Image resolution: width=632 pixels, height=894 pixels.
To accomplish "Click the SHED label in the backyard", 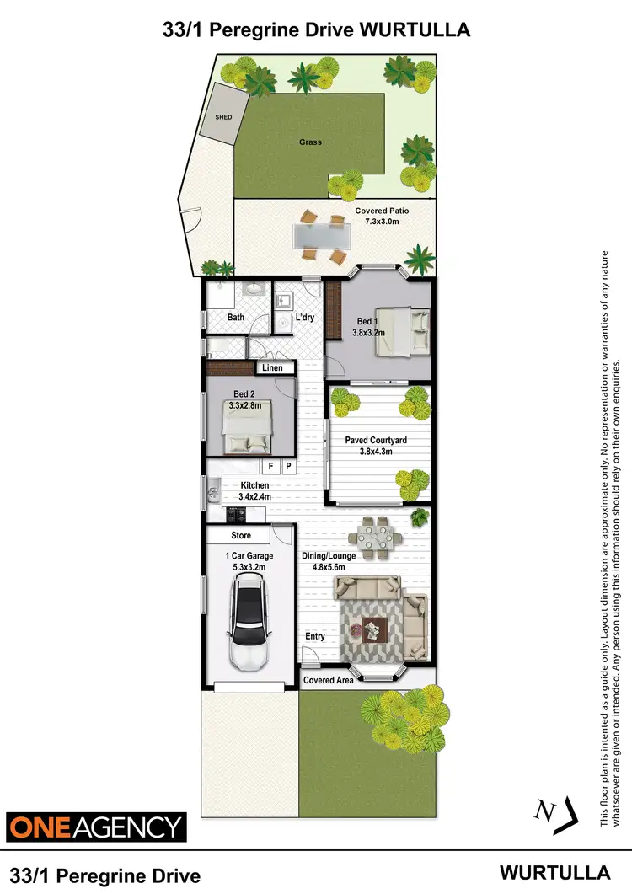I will pos(224,117).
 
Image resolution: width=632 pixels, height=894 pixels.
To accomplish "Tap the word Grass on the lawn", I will pos(310,142).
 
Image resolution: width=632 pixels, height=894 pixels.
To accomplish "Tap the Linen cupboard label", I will pos(272,368).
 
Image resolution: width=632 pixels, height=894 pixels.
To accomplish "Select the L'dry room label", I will pos(304,318).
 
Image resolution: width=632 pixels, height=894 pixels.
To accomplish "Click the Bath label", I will pos(237,318).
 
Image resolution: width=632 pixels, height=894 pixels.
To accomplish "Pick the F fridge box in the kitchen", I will pos(271,466).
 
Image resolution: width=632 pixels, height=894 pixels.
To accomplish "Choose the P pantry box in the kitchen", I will pos(288,466).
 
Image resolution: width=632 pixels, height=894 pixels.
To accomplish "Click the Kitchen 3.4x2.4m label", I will pos(254,491).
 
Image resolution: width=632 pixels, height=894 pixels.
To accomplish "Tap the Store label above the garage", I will pos(241,535).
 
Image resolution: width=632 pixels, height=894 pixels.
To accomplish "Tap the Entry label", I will pos(315,636).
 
